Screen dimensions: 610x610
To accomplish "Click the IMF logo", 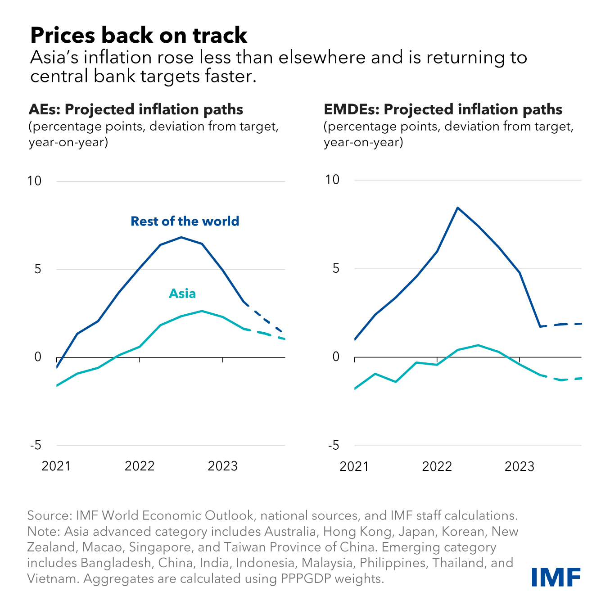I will click(x=556, y=577).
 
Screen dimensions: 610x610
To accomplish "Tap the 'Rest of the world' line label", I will click(x=185, y=221).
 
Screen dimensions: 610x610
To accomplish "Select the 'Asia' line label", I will click(x=182, y=294).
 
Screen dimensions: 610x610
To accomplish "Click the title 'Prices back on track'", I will click(x=139, y=35).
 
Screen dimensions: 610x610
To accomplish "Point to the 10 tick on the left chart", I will click(x=34, y=181).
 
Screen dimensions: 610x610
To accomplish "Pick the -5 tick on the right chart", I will click(x=333, y=445).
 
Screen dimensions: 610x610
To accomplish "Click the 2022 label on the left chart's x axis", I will click(x=140, y=465).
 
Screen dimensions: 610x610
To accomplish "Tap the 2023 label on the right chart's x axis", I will click(x=520, y=466).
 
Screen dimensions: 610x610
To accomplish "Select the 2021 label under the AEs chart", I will click(x=56, y=465).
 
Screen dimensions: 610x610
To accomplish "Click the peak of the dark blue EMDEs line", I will click(x=457, y=208).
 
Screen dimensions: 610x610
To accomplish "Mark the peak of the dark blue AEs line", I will click(x=181, y=237).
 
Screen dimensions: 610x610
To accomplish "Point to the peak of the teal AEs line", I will click(x=202, y=311).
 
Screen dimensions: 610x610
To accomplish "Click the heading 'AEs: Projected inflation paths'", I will click(x=136, y=109).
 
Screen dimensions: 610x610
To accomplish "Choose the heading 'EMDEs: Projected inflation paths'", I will click(x=443, y=109).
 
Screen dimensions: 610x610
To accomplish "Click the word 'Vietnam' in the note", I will click(x=53, y=578).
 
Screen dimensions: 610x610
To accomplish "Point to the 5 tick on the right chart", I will click(x=335, y=268).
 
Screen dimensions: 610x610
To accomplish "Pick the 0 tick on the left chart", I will click(x=38, y=357).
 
